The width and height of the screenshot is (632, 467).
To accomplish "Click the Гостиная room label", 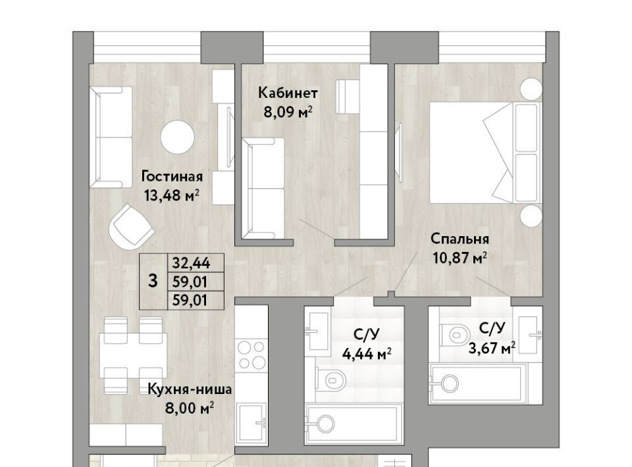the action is click(x=172, y=176).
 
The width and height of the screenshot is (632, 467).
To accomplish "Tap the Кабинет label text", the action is click(x=288, y=93).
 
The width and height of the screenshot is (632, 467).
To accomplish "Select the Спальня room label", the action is click(x=460, y=239).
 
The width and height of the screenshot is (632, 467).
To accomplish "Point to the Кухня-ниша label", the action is click(x=190, y=389).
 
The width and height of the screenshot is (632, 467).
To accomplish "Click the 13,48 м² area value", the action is click(x=172, y=195).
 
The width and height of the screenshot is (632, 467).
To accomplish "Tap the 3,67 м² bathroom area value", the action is click(x=492, y=347).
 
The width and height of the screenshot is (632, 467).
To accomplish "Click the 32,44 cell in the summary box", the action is click(x=191, y=263).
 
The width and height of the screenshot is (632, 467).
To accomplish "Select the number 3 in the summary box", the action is click(x=153, y=281).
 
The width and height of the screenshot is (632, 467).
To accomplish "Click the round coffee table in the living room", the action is click(x=177, y=137).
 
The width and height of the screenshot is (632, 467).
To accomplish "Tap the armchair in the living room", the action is click(x=131, y=227).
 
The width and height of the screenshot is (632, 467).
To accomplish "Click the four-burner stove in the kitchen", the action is click(x=251, y=355).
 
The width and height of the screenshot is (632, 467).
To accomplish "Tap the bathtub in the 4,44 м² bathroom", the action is click(x=354, y=424).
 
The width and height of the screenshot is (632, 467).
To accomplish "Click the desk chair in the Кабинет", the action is click(x=347, y=97).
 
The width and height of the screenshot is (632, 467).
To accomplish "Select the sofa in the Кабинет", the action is click(x=263, y=188).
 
